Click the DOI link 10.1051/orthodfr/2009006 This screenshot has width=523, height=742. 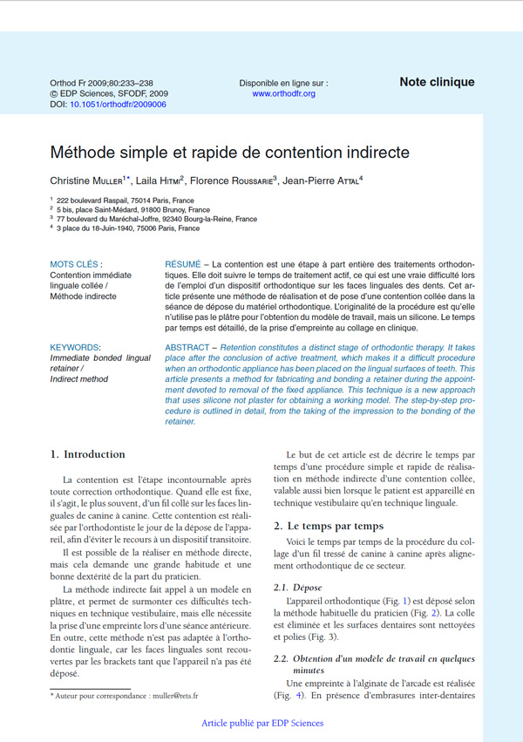[118, 104]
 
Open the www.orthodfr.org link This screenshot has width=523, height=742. [283, 93]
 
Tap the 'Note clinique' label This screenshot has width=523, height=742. [437, 82]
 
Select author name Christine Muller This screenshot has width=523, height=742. [89, 180]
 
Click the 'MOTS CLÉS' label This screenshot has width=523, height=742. [76, 263]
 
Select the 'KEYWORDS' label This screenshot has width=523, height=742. [75, 347]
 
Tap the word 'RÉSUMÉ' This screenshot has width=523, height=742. [183, 263]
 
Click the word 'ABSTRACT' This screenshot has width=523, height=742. [188, 347]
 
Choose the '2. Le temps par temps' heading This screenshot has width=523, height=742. [329, 526]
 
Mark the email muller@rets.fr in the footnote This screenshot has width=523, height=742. [173, 696]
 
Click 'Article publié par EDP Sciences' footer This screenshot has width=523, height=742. [261, 723]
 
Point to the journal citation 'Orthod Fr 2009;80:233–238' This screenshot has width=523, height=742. [101, 83]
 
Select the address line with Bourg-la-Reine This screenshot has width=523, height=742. [157, 219]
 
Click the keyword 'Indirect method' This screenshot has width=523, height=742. [79, 380]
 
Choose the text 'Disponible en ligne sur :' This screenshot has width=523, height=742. [283, 83]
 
